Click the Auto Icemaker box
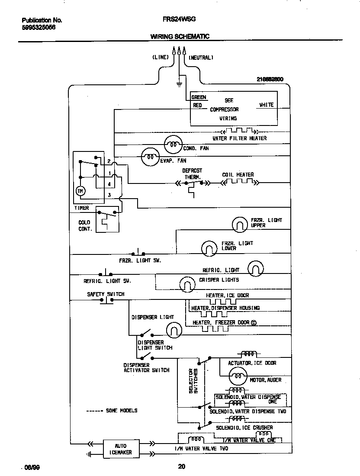tap(121, 448)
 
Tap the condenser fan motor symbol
tap(173, 145)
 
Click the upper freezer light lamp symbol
tap(240, 224)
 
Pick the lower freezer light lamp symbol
tap(209, 248)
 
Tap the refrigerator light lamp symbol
tap(256, 269)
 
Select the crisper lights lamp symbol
tap(188, 283)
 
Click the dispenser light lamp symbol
tap(174, 330)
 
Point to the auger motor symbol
tap(237, 376)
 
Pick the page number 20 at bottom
tap(181, 466)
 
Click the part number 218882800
tap(270, 79)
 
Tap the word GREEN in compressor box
tap(199, 97)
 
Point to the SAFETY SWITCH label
tap(106, 294)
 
